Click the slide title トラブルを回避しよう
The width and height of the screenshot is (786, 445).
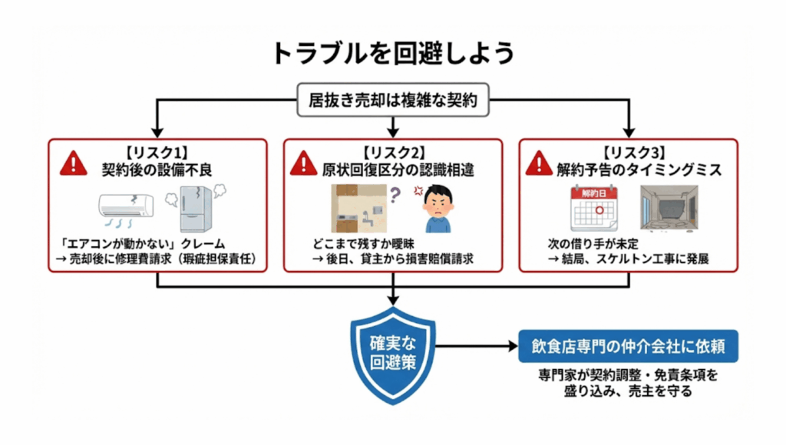392,53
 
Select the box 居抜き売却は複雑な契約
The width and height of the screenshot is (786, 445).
392,100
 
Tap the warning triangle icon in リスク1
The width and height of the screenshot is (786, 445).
74,162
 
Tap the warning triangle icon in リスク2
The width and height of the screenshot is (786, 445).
304,162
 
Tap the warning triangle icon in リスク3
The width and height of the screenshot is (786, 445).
539,162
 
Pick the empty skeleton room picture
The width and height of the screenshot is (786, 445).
669,208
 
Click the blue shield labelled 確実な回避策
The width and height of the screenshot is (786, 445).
393,351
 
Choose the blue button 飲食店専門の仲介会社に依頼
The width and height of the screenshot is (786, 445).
629,346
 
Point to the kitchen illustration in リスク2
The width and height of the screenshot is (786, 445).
354,209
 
